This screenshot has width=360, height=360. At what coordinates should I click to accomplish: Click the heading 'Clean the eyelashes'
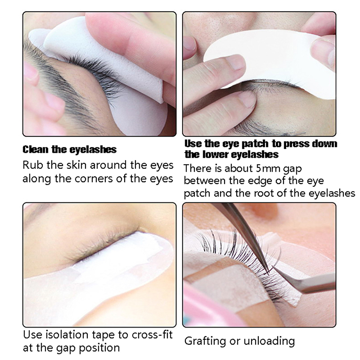point(70,149)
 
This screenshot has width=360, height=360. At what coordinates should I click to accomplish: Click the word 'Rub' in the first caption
point(32,165)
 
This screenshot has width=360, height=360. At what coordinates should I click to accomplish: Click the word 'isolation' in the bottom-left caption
point(67,334)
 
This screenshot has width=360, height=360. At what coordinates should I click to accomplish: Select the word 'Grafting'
point(205,342)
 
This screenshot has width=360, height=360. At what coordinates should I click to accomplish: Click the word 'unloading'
point(269,341)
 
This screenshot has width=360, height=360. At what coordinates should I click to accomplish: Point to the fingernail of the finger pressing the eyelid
point(247,98)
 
